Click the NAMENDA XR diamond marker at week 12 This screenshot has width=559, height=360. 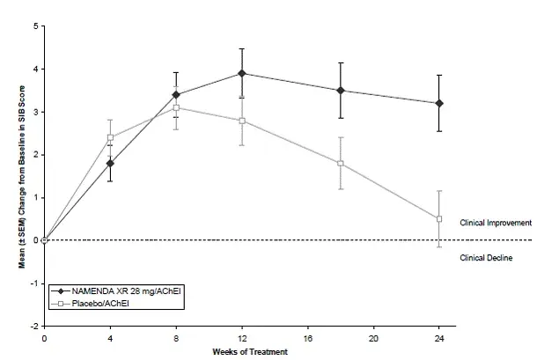(242, 73)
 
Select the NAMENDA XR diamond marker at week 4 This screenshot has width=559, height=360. (110, 163)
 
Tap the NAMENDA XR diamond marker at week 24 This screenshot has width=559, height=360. (439, 103)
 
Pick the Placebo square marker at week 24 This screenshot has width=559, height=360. (439, 218)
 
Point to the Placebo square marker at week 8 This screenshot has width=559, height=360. (176, 107)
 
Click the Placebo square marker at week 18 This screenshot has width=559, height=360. (340, 163)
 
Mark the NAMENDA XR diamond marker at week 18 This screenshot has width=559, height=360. (340, 90)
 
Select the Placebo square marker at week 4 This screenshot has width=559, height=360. (110, 137)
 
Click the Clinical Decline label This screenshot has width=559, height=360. (487, 257)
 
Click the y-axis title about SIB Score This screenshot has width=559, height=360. (23, 176)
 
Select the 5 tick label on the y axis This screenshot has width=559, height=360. (34, 26)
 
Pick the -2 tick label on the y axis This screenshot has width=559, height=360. (33, 326)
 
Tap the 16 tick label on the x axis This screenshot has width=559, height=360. (308, 337)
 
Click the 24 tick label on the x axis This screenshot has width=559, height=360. (439, 337)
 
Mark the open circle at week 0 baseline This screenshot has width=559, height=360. (44, 240)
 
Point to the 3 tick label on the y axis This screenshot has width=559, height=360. (34, 112)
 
